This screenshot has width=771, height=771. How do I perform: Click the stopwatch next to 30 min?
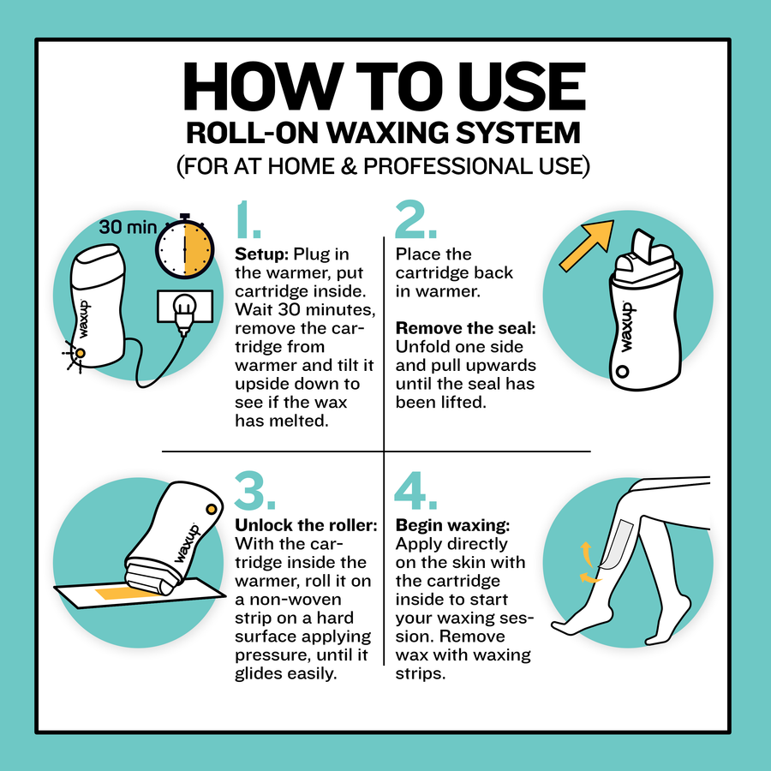pos(185,248)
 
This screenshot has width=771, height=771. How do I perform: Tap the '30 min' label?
pos(128,227)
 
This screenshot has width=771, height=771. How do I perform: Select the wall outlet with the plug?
pos(185,307)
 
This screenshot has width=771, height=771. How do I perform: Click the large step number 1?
pos(248,219)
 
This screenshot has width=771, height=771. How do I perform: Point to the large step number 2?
pos(415,219)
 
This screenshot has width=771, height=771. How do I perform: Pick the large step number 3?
pos(254,490)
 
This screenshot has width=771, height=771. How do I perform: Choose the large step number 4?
pos(415,490)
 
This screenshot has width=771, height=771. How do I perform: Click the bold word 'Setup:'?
pos(261,254)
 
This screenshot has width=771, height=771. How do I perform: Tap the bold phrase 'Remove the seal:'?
pos(466,328)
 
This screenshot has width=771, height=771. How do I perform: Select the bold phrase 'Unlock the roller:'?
pos(306,525)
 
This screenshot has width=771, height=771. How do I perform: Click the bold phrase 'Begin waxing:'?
pos(452,526)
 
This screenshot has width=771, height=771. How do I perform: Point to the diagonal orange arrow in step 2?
pos(587,245)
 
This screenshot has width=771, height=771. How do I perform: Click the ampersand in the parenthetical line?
pos(348,166)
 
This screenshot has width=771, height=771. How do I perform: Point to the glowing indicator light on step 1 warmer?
pos(80,353)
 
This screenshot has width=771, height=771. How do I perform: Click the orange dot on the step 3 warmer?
pos(212,509)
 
